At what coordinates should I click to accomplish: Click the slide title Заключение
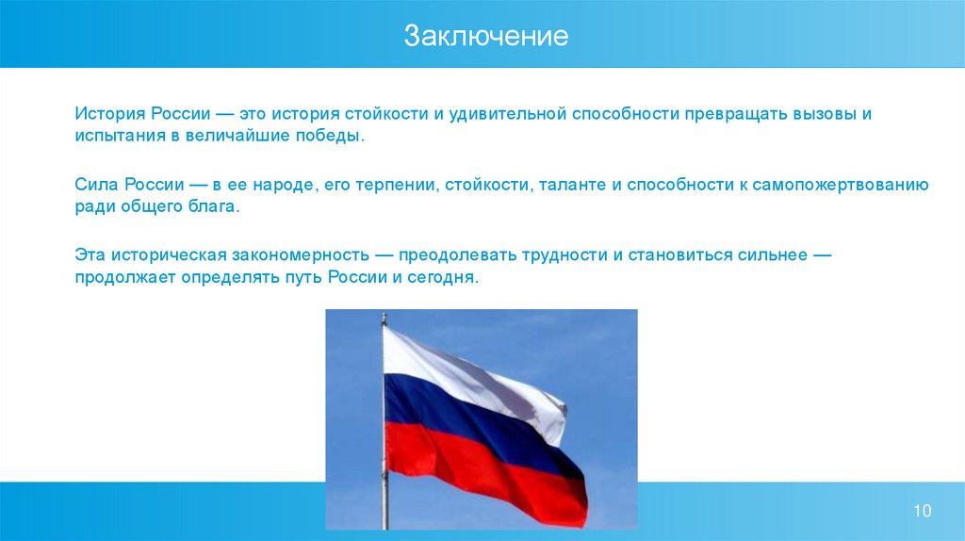point(485,36)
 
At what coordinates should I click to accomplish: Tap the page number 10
point(922,510)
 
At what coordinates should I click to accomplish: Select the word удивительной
point(507,114)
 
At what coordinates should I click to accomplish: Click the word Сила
point(97,185)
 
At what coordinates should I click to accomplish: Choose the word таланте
point(572,185)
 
